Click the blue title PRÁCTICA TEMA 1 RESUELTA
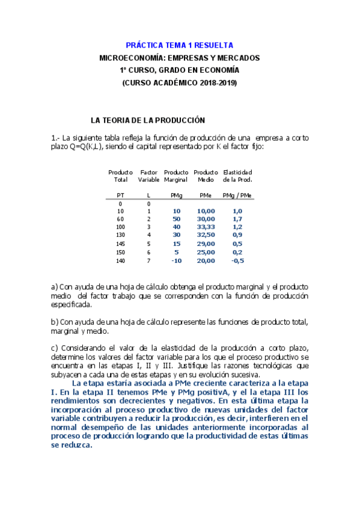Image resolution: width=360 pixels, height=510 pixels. [x=180, y=45]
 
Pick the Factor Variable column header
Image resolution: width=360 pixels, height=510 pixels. [x=148, y=176]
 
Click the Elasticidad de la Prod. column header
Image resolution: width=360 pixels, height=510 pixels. [x=237, y=176]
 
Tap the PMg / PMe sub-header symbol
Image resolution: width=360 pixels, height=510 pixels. [x=237, y=195]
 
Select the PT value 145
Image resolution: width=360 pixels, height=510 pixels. [x=120, y=244]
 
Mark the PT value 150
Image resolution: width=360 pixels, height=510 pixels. [x=120, y=253]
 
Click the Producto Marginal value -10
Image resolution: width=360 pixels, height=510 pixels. [x=177, y=260]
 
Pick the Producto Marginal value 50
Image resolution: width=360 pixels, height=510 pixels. [x=177, y=220]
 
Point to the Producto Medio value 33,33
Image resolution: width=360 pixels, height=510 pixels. [x=206, y=228]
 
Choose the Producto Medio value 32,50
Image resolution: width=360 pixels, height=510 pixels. [x=206, y=236]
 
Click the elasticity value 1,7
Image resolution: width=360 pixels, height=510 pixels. [x=237, y=220]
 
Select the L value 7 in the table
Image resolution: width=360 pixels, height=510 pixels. [x=148, y=260]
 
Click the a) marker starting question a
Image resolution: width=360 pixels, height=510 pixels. [x=55, y=287]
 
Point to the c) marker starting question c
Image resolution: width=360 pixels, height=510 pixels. [x=55, y=348]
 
